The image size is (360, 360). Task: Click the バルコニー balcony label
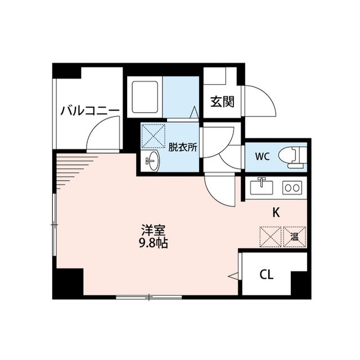[90, 110]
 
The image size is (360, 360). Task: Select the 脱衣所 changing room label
[183, 148]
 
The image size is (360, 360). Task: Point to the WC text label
[263, 156]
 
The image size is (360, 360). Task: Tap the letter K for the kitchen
[276, 213]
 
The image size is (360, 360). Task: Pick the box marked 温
[295, 236]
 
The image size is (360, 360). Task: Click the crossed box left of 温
[269, 236]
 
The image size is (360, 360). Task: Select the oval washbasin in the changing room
[152, 162]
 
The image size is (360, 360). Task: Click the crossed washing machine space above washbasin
[153, 136]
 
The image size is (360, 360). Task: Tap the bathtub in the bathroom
[145, 97]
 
